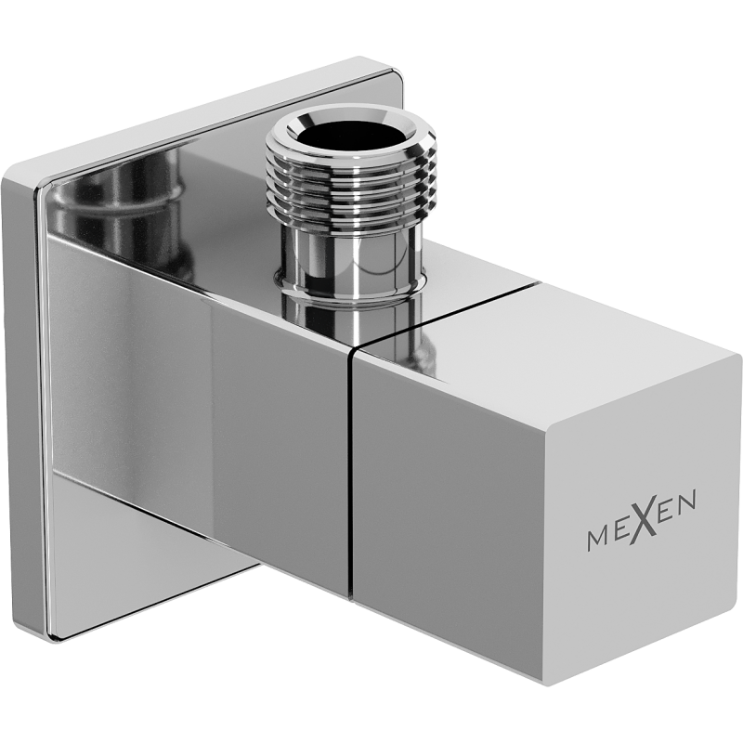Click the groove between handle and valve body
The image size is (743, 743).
pyautogui.click(x=351, y=464)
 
